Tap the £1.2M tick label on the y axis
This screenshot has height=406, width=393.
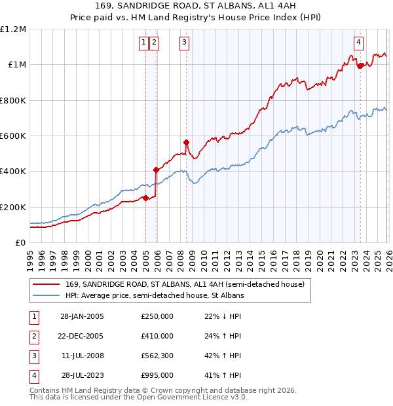(13, 29)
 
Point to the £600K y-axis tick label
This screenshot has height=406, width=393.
(13, 136)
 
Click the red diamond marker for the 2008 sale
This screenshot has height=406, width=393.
(186, 142)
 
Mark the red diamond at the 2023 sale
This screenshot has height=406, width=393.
(360, 65)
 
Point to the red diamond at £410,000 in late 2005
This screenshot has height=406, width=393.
(156, 170)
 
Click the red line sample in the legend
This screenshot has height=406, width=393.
(46, 285)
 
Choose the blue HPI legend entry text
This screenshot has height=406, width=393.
(155, 296)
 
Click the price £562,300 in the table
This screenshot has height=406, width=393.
(157, 356)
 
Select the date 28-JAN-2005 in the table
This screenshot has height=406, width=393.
(82, 316)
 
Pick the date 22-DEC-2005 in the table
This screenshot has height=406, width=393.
(82, 336)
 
